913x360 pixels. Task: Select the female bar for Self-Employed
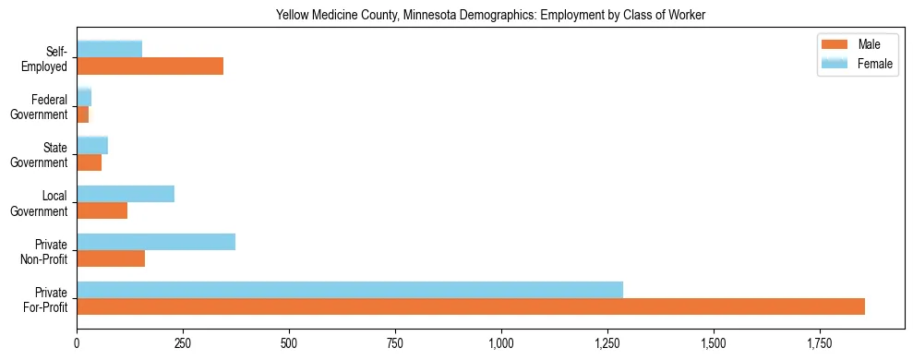point(109,49)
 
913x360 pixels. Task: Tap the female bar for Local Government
point(126,194)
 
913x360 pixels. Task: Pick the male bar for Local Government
point(102,210)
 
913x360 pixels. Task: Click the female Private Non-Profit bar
point(156,242)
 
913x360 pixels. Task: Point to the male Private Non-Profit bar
point(111,258)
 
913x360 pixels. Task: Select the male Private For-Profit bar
point(471,306)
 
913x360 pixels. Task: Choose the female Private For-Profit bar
point(350,290)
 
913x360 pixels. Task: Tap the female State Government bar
point(92,145)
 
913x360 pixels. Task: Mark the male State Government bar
point(89,162)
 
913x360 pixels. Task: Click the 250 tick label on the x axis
point(183,343)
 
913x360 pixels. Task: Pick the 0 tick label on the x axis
point(77,343)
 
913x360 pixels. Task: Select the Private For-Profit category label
point(45,300)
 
